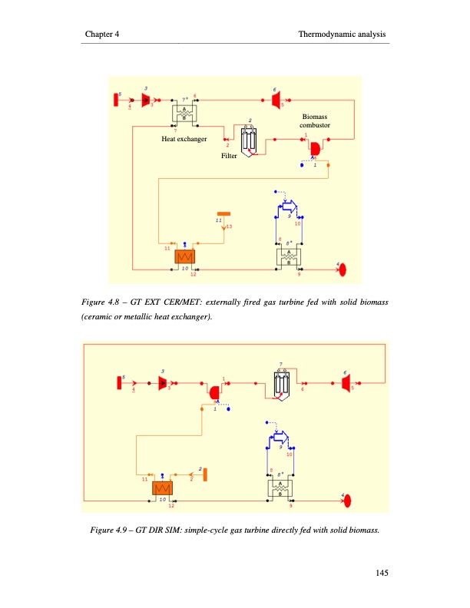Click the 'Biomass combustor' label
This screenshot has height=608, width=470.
[315, 120]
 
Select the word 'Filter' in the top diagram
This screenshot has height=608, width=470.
[229, 156]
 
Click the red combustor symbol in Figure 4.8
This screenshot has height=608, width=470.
[314, 146]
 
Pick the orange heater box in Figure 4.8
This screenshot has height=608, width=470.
[184, 256]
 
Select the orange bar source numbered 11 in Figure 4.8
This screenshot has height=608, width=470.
[223, 212]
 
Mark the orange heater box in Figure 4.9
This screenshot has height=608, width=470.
[162, 488]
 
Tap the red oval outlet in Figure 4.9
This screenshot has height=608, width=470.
[347, 501]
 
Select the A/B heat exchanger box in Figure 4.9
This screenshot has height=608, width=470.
[282, 488]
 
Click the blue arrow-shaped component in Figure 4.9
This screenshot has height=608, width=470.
[280, 438]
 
